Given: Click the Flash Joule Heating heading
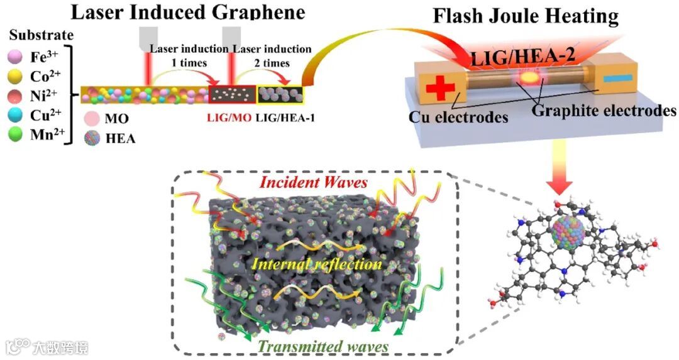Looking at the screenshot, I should (x=526, y=16).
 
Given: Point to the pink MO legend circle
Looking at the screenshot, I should (x=90, y=118).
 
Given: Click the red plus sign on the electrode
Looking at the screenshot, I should (x=436, y=87).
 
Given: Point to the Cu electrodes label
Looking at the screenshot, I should (x=458, y=117).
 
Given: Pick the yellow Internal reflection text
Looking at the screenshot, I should (x=316, y=264).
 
